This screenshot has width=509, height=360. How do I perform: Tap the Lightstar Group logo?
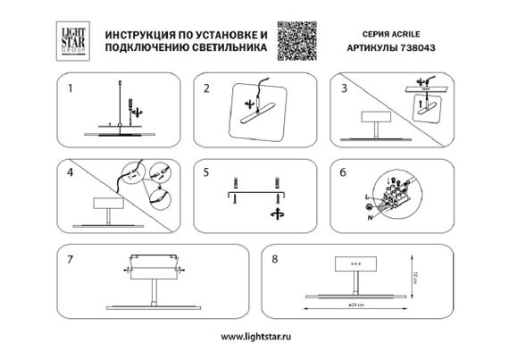pyautogui.click(x=71, y=38)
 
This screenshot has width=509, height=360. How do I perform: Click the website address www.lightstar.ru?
pyautogui.click(x=255, y=339)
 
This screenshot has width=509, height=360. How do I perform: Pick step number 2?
pyautogui.click(x=206, y=88)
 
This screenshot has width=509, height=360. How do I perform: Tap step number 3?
pyautogui.click(x=344, y=88)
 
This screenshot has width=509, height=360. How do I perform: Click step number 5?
pyautogui.click(x=206, y=169)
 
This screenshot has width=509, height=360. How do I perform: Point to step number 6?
pyautogui.click(x=344, y=169)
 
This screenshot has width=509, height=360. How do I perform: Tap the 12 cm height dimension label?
pyautogui.click(x=415, y=276)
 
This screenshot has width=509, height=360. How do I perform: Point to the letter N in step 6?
pyautogui.click(x=369, y=215)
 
